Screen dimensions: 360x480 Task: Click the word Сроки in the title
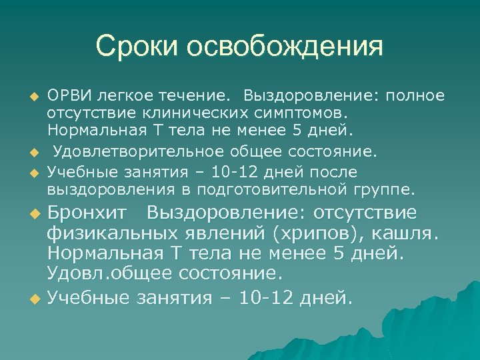137,47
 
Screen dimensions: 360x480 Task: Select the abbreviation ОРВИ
69,95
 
